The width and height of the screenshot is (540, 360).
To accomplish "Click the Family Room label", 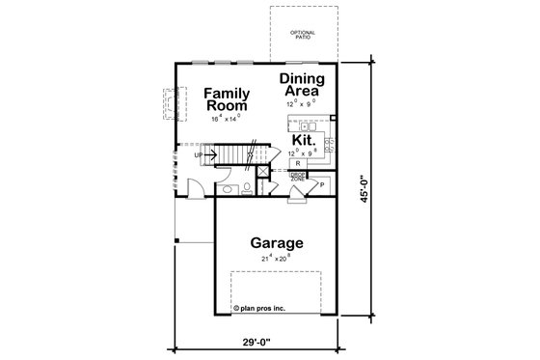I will pos(228,99).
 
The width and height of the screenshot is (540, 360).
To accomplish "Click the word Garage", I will pos(278,243).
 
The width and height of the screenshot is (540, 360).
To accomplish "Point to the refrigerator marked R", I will pos(298,164).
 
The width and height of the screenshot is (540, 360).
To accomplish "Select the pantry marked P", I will pos(321,182).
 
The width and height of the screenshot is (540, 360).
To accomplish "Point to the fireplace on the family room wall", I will pos(173,103).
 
